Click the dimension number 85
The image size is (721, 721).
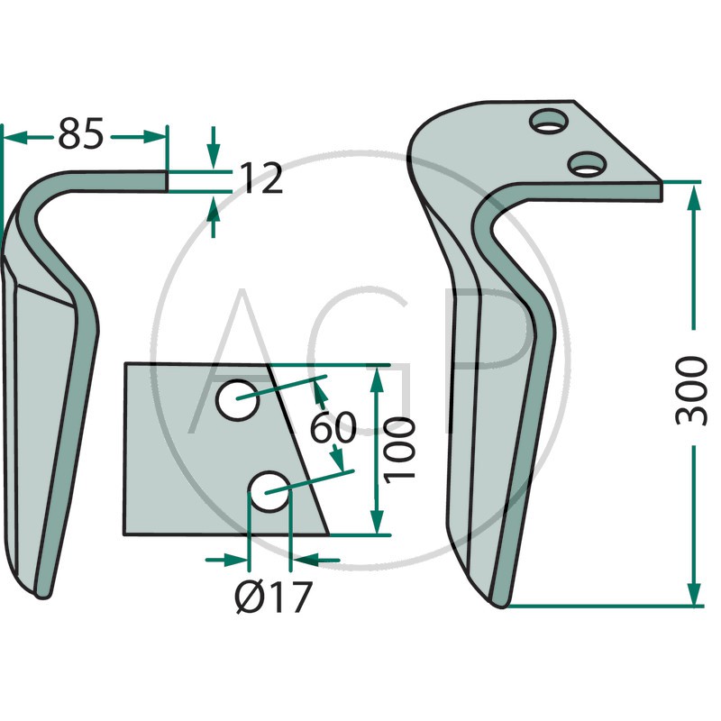(x=80, y=133)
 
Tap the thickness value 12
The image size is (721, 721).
(x=260, y=178)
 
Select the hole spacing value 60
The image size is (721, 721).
(x=333, y=427)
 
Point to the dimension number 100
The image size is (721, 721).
(x=399, y=450)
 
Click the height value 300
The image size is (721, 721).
(x=691, y=391)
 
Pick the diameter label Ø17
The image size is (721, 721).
(x=274, y=598)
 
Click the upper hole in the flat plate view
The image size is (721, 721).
(x=237, y=399)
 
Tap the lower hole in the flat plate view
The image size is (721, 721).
(x=269, y=491)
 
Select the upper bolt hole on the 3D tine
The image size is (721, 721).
(x=549, y=122)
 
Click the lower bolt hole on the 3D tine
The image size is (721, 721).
(x=587, y=164)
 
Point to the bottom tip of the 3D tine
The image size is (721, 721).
(x=500, y=605)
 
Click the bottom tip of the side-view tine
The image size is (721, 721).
(x=42, y=596)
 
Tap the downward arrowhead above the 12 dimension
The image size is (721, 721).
(x=213, y=157)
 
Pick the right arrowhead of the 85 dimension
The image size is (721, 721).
(x=154, y=137)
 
